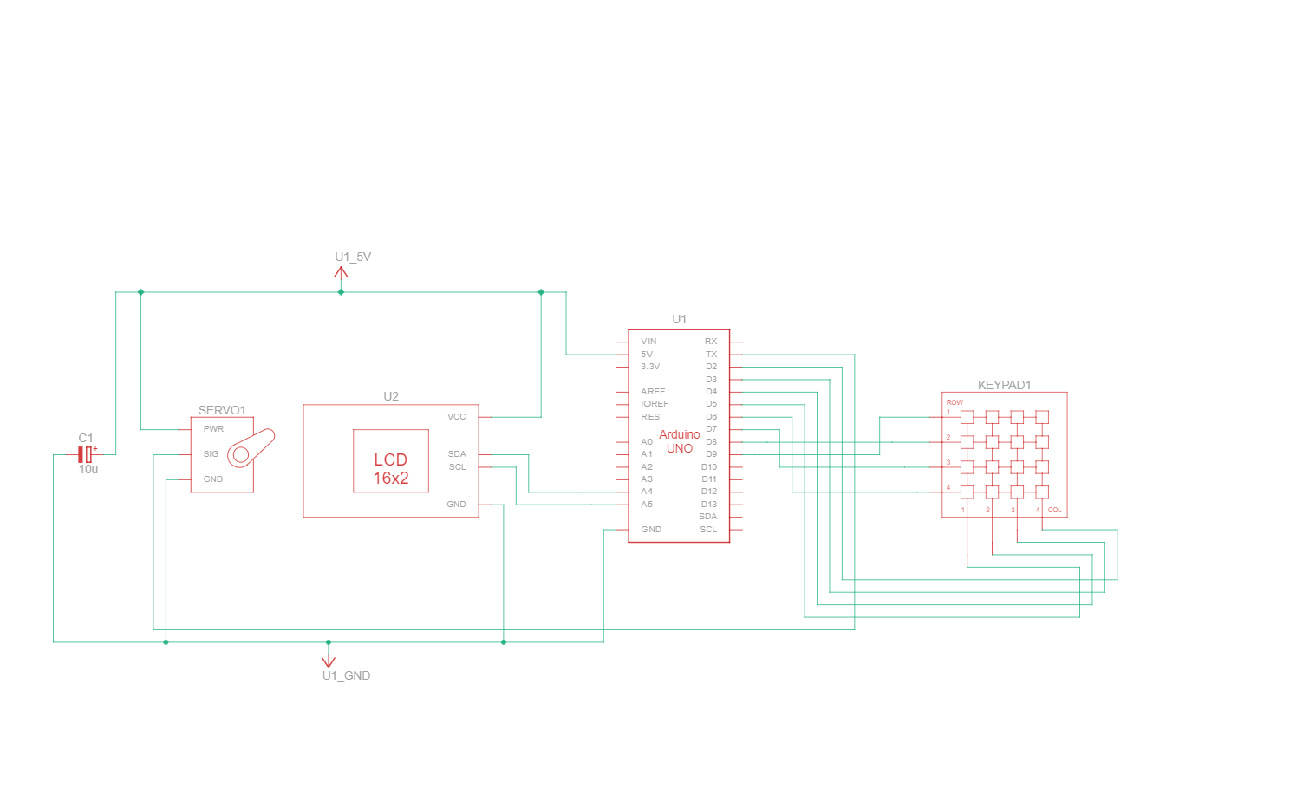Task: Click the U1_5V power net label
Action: click(x=353, y=257)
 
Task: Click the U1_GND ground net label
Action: click(x=346, y=675)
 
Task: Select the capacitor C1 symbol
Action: click(x=85, y=454)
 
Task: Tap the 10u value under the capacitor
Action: click(x=88, y=469)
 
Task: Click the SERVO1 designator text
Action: click(x=222, y=410)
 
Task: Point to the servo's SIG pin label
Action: click(x=211, y=454)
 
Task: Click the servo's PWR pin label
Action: click(x=213, y=429)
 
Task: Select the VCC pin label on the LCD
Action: click(x=457, y=417)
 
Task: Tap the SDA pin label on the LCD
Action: click(x=457, y=454)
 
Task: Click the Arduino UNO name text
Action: click(x=680, y=441)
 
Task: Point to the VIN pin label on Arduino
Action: click(x=648, y=342)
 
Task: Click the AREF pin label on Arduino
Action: click(x=653, y=392)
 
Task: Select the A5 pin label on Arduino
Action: click(x=647, y=505)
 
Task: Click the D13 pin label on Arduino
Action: click(x=709, y=505)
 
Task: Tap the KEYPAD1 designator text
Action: click(x=1004, y=385)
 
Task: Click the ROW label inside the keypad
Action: click(x=954, y=402)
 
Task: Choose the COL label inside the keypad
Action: click(x=1054, y=510)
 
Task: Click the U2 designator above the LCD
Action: click(x=391, y=396)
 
